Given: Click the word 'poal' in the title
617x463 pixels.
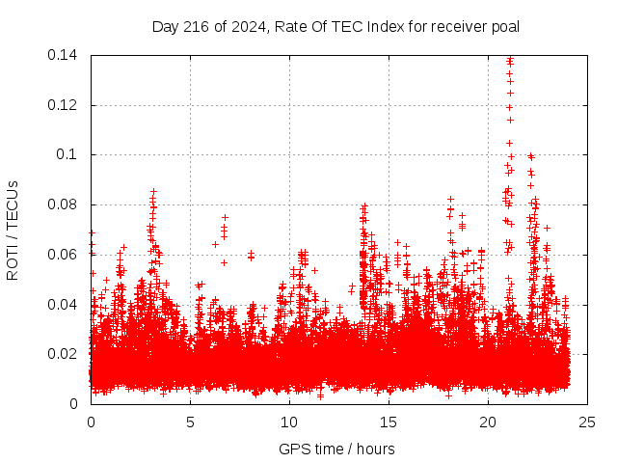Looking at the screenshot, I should point(504,26).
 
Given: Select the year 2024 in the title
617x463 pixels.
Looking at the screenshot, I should point(245,26).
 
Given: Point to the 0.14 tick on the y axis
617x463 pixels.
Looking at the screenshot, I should point(66,55).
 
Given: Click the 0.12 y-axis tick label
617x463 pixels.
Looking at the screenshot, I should point(66,105).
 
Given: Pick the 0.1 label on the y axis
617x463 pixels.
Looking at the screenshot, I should point(70,154).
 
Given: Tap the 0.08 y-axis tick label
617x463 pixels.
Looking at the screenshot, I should point(66,204).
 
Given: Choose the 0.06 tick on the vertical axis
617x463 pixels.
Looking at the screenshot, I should point(66,255).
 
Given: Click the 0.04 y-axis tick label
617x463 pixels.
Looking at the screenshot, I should point(66,305).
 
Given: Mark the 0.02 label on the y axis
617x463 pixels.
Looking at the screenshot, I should point(66,354).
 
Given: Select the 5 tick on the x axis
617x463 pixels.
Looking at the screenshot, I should point(190,422).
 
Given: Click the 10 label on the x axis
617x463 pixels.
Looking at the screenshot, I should point(289,422).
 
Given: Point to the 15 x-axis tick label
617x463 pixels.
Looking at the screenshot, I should point(389,422).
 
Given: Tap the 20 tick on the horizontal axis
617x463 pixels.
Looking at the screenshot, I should point(488,422).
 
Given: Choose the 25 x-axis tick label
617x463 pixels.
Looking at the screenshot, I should point(587,422).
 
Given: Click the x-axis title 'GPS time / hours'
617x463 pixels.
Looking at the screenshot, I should point(337,449).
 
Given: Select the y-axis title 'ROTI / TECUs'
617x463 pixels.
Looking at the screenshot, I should point(13,230).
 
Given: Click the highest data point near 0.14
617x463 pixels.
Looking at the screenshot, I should point(509,61).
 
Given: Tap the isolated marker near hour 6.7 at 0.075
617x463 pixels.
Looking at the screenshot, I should point(225,217).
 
